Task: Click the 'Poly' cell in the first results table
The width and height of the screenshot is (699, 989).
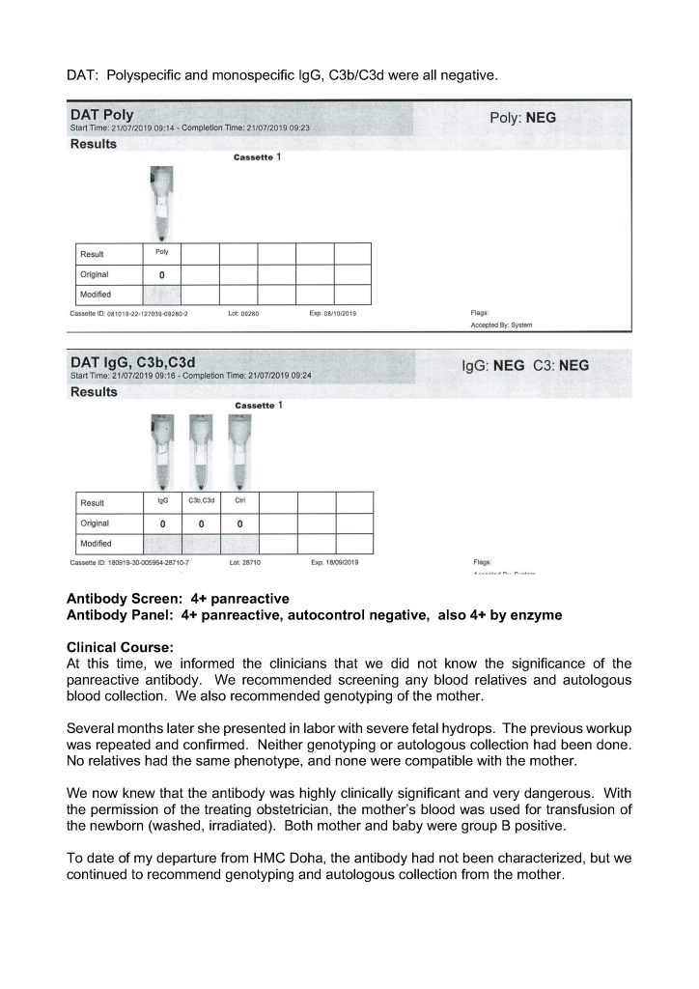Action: coord(161,252)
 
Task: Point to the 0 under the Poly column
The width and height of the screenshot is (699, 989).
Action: coord(161,274)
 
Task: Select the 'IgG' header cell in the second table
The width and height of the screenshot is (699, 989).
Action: coord(162,501)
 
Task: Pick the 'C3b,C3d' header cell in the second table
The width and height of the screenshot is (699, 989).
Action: coord(201,501)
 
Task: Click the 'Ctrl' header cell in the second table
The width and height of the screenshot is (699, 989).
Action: coord(238,501)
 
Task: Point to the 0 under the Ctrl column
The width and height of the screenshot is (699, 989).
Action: coord(238,523)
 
